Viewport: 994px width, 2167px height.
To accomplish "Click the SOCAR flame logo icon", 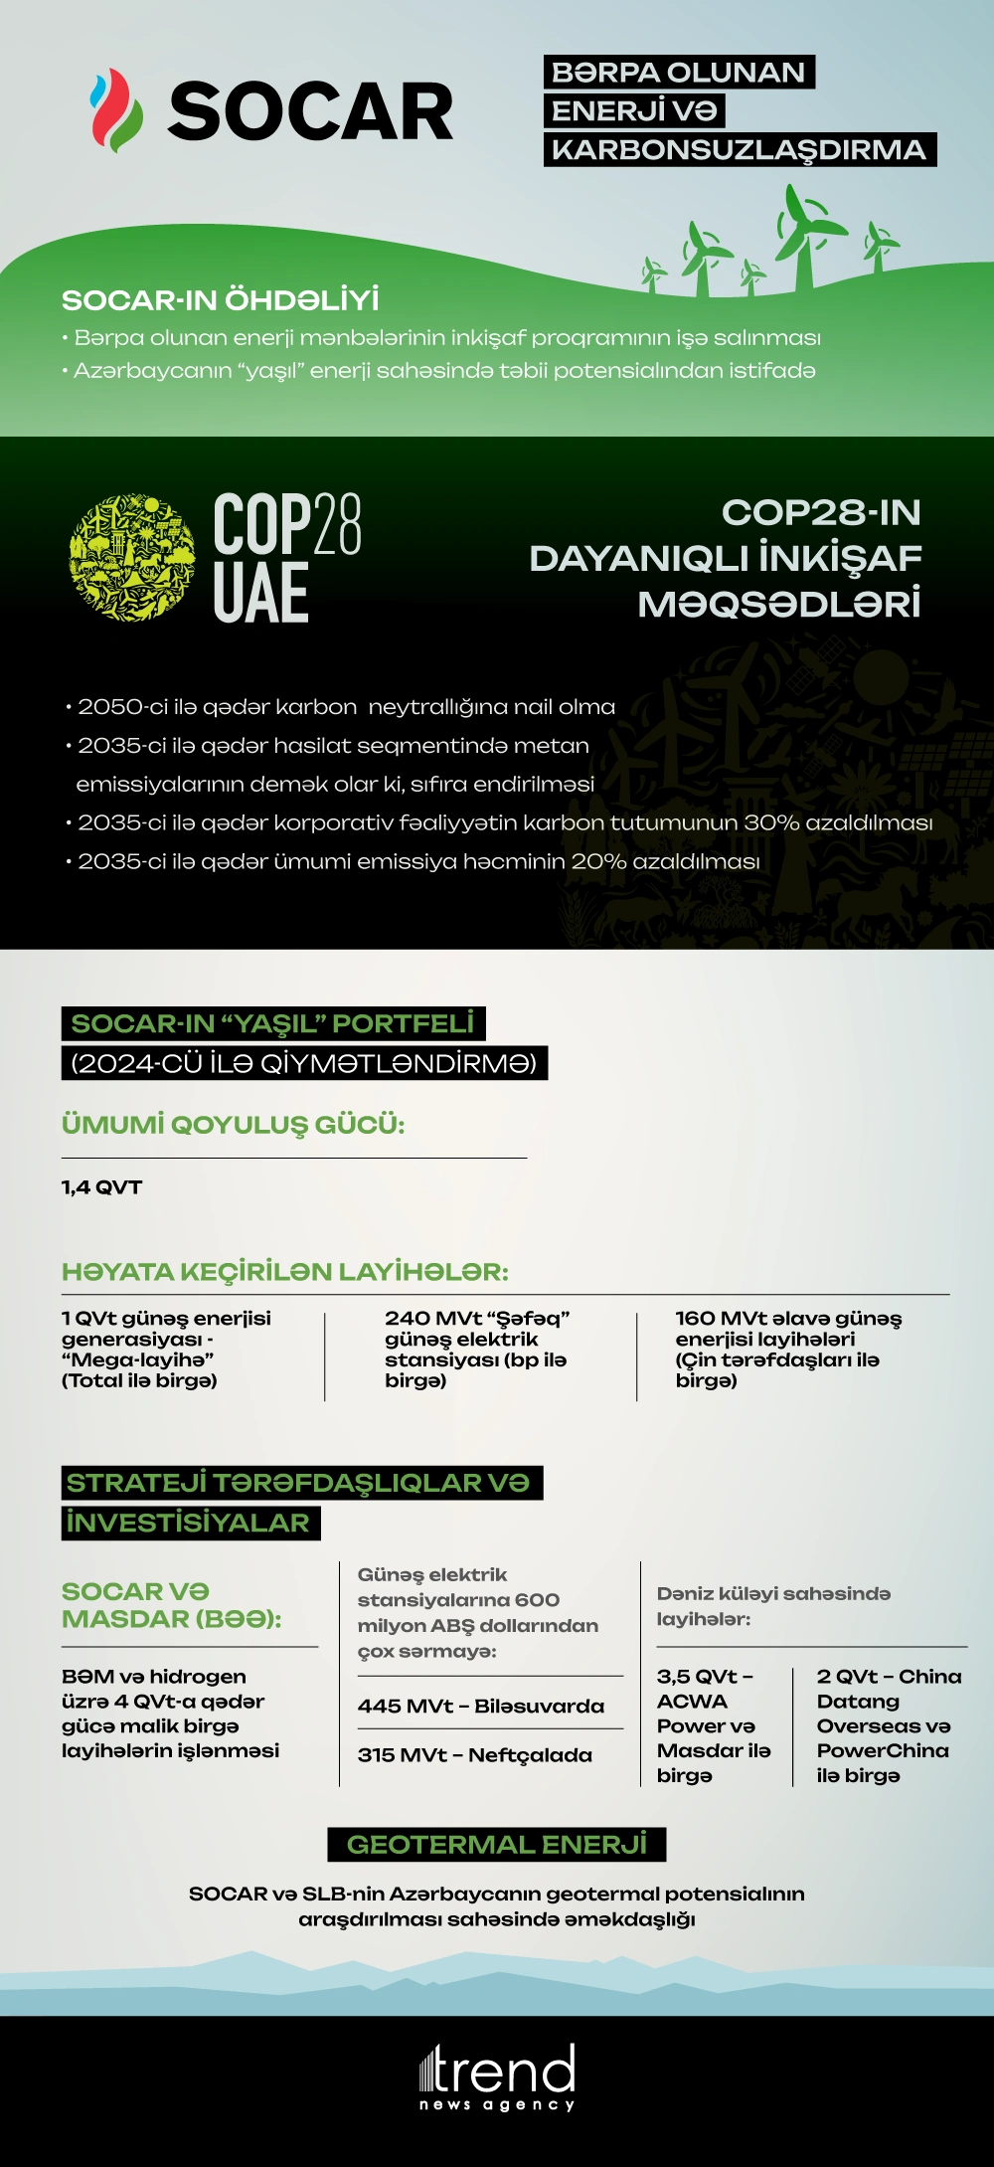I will [115, 110].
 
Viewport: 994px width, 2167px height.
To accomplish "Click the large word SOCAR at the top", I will [310, 112].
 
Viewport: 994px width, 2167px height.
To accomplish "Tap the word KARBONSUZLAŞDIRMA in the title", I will [740, 150].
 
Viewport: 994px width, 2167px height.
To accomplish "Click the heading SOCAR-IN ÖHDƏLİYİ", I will [220, 300].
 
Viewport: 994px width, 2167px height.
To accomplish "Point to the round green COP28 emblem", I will [131, 558].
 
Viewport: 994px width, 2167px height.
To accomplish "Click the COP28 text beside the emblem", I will [287, 524].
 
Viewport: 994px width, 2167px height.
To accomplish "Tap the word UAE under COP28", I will [260, 594].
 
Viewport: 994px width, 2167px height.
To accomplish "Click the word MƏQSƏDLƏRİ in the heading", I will [779, 604].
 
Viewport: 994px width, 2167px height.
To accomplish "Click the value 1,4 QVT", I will [101, 1187].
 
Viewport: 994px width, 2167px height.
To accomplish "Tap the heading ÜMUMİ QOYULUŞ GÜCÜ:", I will [233, 1125].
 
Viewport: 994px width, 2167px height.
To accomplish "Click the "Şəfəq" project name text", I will [528, 1319].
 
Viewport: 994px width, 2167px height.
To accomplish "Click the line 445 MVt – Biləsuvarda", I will [481, 1707].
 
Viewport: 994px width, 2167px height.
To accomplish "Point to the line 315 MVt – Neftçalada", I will [475, 1756].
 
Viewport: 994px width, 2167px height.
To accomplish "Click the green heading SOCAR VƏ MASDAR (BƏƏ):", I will [171, 1605].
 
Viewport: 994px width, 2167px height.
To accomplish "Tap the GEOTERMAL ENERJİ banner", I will [496, 1845].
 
